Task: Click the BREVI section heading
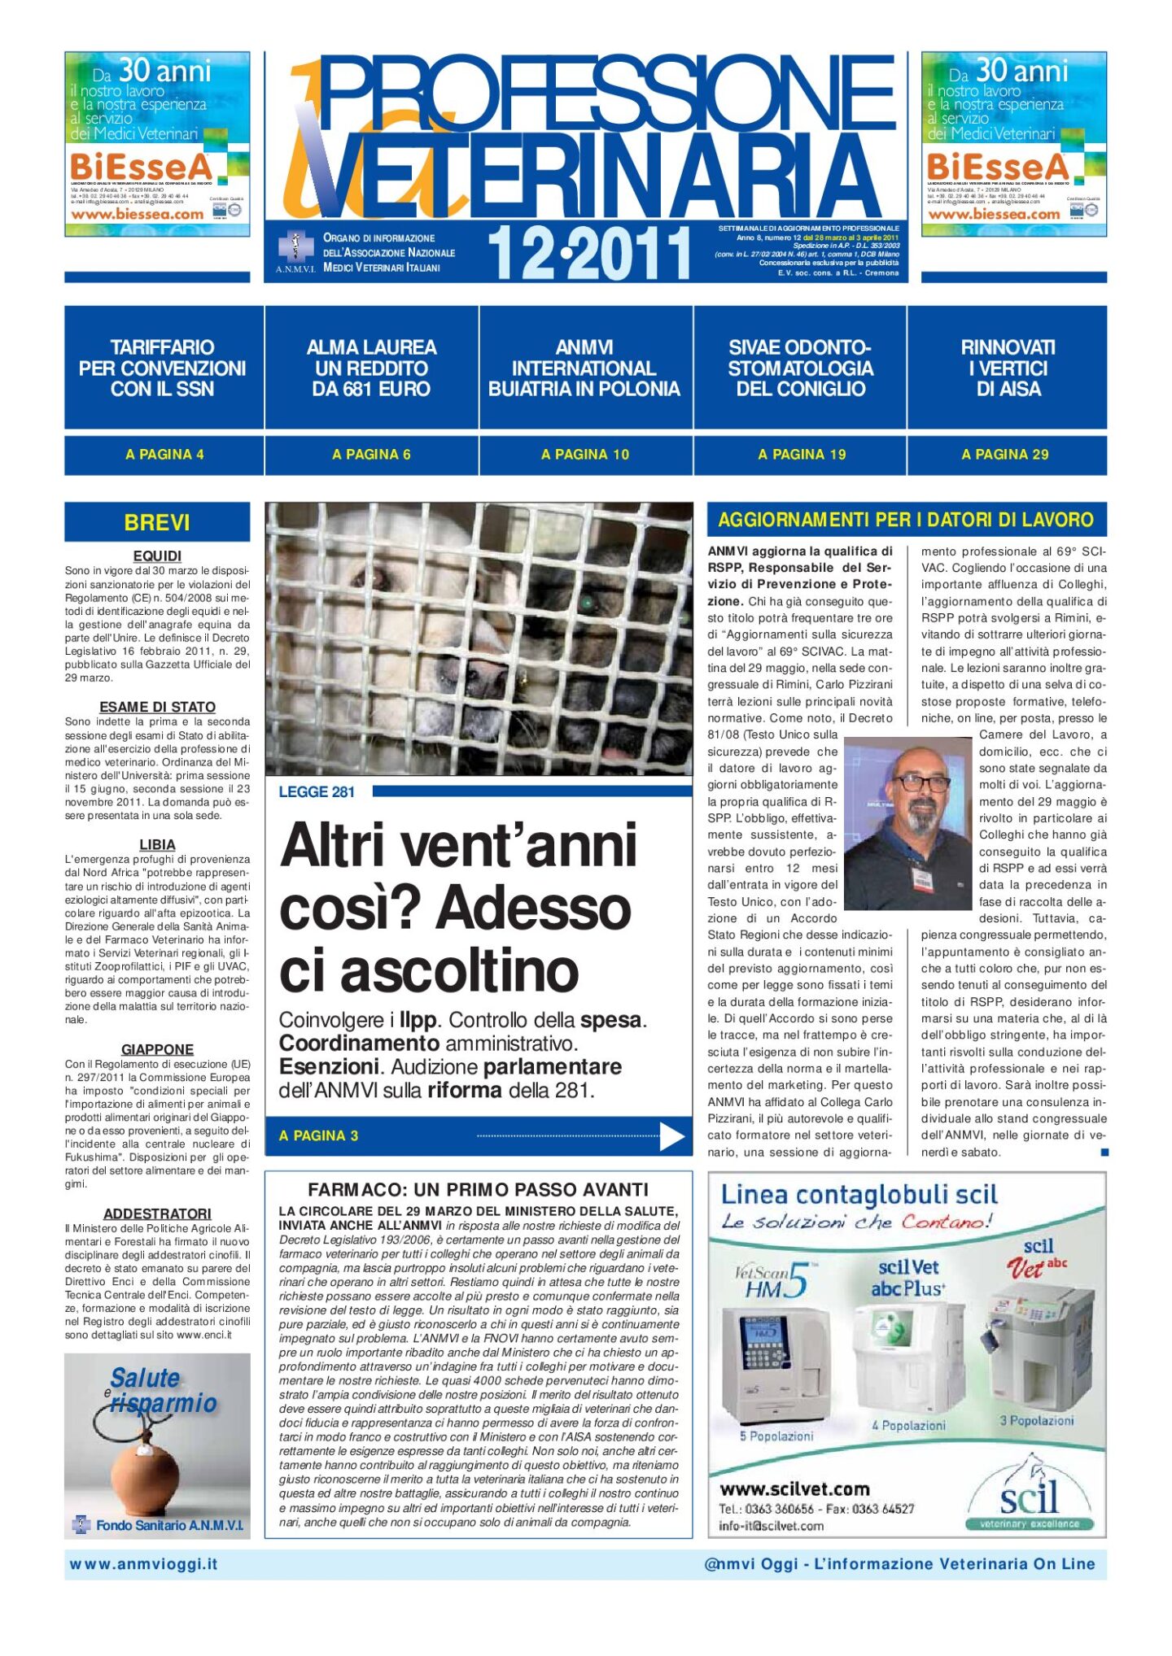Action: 157,522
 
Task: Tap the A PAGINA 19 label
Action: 802,455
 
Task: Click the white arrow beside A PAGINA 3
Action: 671,1136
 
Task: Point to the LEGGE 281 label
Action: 317,792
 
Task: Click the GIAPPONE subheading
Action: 157,1050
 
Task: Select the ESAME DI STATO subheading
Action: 157,708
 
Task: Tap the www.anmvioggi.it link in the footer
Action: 143,1564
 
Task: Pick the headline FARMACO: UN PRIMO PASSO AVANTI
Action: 478,1190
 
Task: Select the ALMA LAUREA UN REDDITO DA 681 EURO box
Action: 371,368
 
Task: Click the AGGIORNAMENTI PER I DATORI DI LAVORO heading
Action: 906,520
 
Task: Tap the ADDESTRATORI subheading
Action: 157,1214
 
